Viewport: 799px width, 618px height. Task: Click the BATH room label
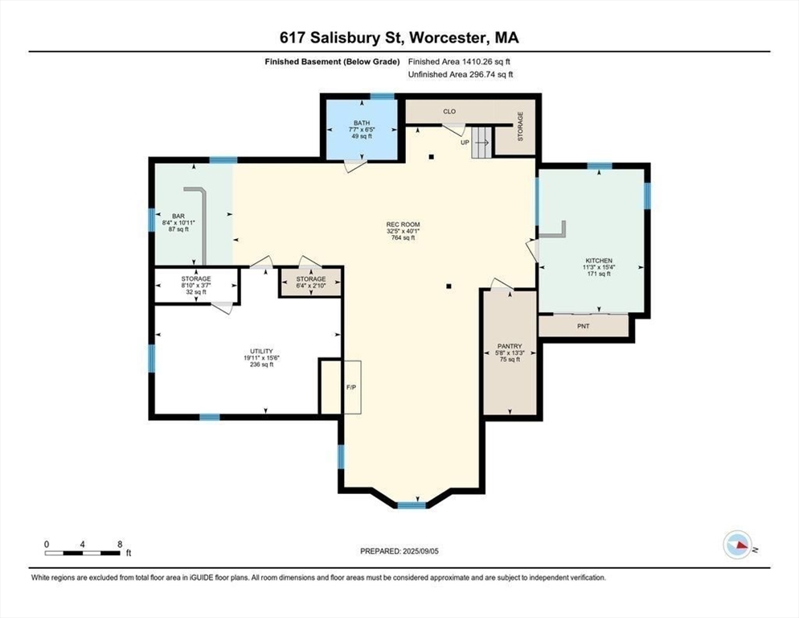pos(362,123)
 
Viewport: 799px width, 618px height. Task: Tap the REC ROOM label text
pos(403,225)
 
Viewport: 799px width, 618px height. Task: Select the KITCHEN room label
pos(599,261)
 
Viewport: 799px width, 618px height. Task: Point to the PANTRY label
pos(510,347)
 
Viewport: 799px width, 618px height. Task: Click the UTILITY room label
pos(261,352)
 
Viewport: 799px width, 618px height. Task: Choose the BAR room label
pos(178,216)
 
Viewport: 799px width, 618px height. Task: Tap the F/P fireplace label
pos(351,388)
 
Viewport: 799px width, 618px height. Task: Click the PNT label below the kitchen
pos(584,326)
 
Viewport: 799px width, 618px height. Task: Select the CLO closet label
pos(449,111)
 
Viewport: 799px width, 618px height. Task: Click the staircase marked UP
pos(481,142)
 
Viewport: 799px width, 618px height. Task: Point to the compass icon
pos(738,545)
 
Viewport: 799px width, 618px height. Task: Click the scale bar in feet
pos(83,553)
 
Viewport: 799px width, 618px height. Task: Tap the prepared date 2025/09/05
pos(420,551)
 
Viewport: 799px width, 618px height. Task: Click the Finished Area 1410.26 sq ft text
pos(459,62)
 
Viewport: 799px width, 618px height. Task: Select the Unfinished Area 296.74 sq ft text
pos(460,75)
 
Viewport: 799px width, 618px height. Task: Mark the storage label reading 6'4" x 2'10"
pos(311,286)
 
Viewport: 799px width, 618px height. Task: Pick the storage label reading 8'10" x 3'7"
pos(196,286)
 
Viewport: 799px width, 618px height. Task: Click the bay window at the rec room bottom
pos(412,505)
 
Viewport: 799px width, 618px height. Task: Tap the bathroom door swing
pos(355,166)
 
